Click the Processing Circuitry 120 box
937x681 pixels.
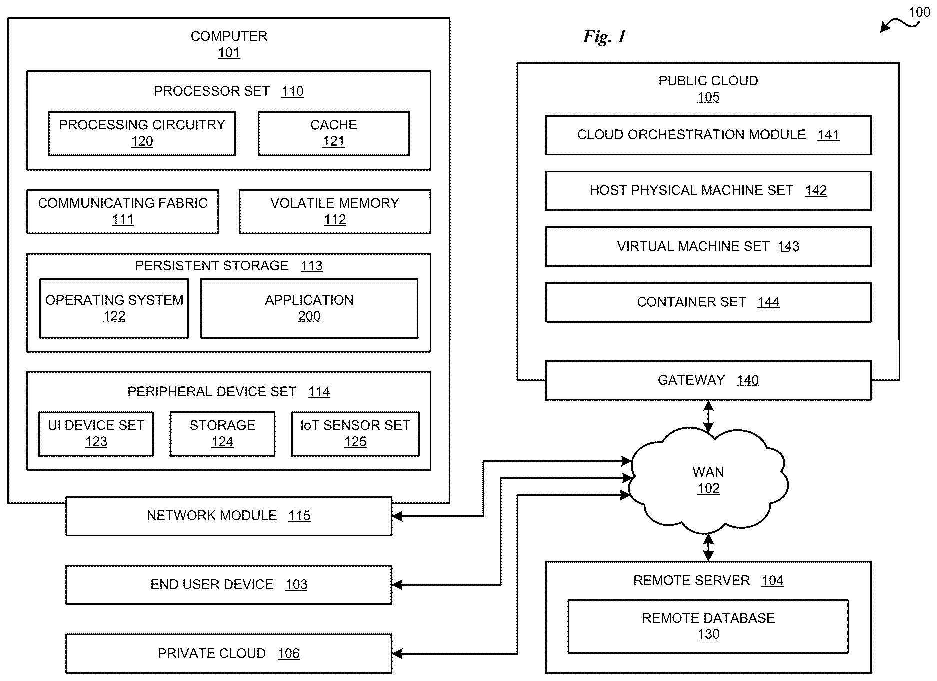point(142,133)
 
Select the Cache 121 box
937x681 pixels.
point(334,133)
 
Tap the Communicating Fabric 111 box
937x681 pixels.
point(123,211)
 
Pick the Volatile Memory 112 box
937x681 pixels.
point(335,211)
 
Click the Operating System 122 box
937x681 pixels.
point(114,308)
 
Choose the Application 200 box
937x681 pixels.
point(309,308)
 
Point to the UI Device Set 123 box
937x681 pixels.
point(96,434)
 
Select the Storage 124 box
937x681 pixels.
point(222,434)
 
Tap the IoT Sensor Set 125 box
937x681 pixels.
point(355,434)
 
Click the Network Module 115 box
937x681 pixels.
point(229,516)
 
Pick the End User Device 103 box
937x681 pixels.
point(229,585)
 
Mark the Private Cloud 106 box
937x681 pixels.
point(229,654)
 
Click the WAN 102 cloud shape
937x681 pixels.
point(708,480)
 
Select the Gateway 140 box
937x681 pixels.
point(708,380)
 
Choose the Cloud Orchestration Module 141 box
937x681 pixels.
point(708,135)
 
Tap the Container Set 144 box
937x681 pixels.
point(708,302)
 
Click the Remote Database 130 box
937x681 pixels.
point(708,626)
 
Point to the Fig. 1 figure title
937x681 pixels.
point(604,37)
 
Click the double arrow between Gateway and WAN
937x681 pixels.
point(708,416)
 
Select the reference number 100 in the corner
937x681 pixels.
point(920,12)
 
